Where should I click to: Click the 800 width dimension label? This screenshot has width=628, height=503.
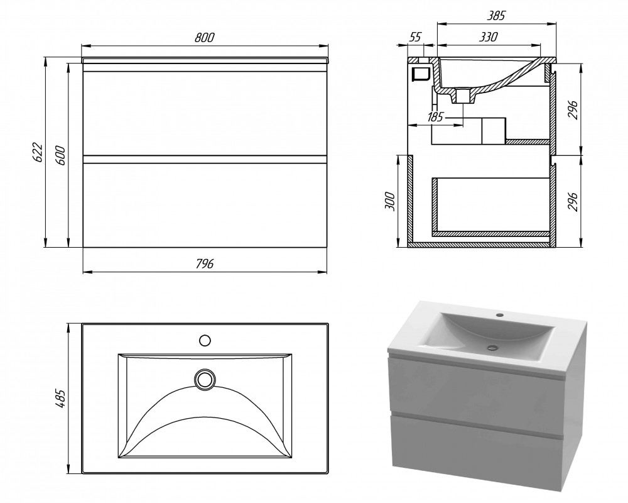point(205,37)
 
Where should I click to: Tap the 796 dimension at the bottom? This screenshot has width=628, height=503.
point(205,263)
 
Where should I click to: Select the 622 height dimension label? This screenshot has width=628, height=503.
point(37,152)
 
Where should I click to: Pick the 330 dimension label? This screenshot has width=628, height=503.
point(489,36)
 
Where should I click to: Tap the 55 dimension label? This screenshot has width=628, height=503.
point(416,36)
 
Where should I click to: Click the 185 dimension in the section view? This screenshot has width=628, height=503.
point(435,117)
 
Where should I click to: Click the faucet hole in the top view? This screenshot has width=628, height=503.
point(205,341)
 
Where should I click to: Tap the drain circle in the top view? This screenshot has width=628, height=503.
point(205,379)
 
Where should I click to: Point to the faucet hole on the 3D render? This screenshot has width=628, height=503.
point(499,314)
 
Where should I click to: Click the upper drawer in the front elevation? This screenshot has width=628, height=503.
point(205,113)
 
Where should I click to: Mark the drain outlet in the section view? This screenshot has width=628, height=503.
point(463,97)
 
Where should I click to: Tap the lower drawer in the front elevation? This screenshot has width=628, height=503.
point(205,205)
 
